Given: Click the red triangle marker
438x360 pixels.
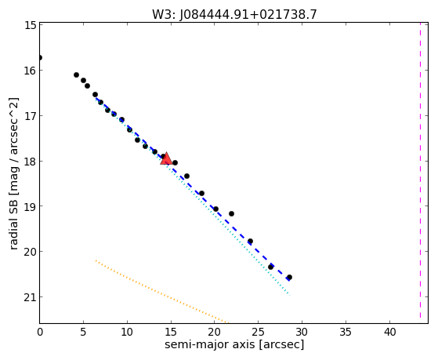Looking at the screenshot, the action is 166,158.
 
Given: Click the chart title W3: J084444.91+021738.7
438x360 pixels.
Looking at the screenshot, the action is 234,14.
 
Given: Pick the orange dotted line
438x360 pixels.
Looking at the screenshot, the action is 162,292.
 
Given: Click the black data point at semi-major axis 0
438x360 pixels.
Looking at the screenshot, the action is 40,57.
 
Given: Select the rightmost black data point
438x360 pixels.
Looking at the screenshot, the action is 289,277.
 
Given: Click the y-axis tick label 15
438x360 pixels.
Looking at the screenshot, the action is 31,25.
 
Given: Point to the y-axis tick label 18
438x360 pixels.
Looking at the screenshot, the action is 31,162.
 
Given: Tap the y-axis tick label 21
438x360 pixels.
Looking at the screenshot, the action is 31,297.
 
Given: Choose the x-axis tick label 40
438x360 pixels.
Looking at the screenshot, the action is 390,332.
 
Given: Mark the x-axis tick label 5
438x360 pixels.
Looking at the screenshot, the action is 83,332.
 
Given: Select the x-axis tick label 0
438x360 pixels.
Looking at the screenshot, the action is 40,332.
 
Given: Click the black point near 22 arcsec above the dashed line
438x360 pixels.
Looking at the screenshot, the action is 231,213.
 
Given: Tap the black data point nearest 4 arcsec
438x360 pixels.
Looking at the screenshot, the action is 76,75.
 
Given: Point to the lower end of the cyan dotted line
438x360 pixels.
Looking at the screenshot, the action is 290,295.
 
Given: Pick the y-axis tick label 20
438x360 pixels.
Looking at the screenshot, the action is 31,252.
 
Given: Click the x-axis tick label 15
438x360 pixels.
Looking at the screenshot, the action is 171,332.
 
